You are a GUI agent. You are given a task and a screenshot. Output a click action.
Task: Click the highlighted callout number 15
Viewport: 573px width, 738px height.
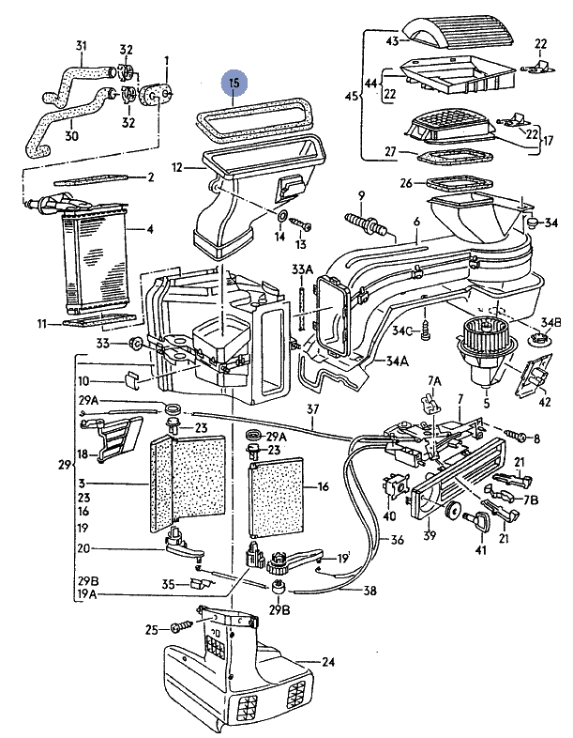[234, 84]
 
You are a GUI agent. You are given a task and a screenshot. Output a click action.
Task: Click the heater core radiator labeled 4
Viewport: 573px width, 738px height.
[96, 256]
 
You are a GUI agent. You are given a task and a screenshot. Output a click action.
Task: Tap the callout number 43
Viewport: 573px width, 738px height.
[393, 41]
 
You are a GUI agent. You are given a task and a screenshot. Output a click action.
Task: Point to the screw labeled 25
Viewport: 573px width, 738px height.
[182, 627]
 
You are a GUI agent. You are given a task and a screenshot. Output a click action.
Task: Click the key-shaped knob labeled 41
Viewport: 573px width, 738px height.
[478, 520]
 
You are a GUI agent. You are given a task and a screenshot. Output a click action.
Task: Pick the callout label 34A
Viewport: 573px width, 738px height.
[398, 361]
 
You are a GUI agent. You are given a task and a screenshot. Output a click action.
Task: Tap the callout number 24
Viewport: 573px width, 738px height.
[328, 662]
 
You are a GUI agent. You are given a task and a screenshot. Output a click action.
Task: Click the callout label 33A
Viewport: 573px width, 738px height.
[302, 269]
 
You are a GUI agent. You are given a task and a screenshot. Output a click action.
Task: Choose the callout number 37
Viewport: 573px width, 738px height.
[312, 409]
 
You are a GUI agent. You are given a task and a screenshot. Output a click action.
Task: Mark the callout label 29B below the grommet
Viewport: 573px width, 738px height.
[279, 610]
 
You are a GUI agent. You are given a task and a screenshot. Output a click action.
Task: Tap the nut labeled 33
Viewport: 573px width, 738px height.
[135, 345]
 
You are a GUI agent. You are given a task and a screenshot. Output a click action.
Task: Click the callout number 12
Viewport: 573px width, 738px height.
[176, 167]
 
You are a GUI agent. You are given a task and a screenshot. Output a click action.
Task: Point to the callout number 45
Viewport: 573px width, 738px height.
[351, 97]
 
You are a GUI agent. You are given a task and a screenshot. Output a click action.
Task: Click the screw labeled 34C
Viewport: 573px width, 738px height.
[424, 331]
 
